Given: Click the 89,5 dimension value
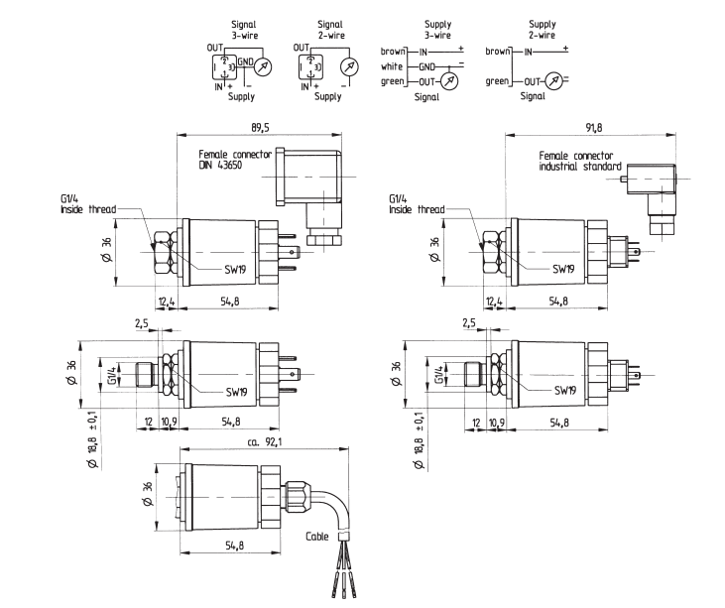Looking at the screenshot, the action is click(260, 127).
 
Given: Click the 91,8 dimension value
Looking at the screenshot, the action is click(594, 127).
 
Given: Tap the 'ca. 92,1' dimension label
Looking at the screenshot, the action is click(265, 442).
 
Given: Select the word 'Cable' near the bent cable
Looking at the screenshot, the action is click(316, 537).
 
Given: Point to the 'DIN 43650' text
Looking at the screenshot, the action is click(220, 165).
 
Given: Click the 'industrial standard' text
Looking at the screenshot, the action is click(580, 167).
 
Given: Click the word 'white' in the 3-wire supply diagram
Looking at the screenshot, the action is click(392, 66).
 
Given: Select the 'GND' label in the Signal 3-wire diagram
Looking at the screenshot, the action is click(246, 61).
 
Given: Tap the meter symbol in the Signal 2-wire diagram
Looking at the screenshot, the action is click(349, 67).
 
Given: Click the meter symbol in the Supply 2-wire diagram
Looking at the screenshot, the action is click(554, 81).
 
